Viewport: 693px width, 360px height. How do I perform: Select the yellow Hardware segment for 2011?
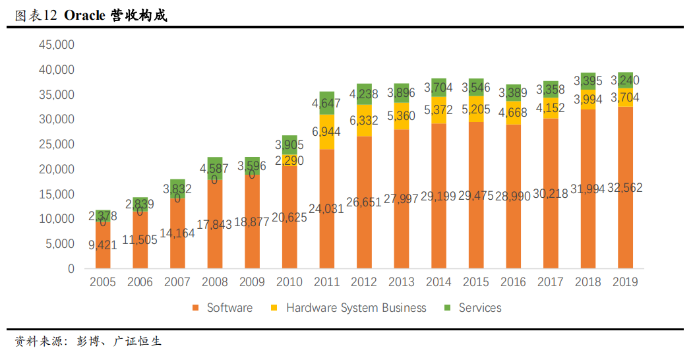pyautogui.click(x=327, y=140)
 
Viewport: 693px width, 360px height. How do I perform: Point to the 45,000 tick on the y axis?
pyautogui.click(x=57, y=45)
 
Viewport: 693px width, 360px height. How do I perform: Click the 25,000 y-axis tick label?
pyautogui.click(x=57, y=144)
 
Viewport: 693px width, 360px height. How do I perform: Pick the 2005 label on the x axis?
pyautogui.click(x=102, y=283)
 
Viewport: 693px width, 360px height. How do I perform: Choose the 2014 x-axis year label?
pyautogui.click(x=438, y=283)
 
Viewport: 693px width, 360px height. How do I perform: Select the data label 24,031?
pyautogui.click(x=327, y=208)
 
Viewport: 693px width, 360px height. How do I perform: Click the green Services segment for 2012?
pyautogui.click(x=364, y=94)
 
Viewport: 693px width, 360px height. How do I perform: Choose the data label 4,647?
pyautogui.click(x=327, y=103)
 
